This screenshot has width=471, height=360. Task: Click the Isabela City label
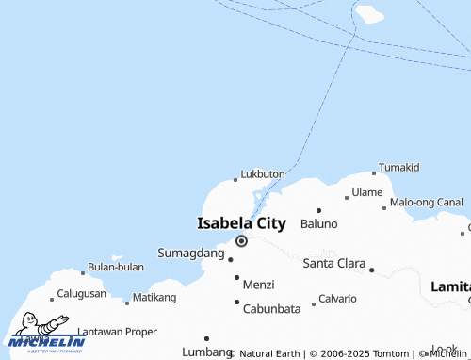241,223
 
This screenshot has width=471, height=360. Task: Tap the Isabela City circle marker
241,241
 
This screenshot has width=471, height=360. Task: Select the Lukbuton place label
263,174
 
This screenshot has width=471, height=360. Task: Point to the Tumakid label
399,167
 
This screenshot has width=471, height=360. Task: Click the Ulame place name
367,192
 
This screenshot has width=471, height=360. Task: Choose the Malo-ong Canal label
427,203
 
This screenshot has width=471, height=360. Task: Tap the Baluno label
318,224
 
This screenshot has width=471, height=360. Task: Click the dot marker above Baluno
318,210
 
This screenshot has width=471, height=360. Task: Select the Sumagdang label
191,254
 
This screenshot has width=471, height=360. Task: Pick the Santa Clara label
333,263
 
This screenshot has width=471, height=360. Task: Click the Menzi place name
258,284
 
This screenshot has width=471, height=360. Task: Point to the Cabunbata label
271,308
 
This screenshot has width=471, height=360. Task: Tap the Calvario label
337,299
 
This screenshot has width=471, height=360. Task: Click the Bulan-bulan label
116,267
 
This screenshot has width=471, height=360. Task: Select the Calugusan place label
82,294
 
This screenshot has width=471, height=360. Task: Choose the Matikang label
154,298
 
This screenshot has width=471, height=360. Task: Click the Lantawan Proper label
117,332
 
